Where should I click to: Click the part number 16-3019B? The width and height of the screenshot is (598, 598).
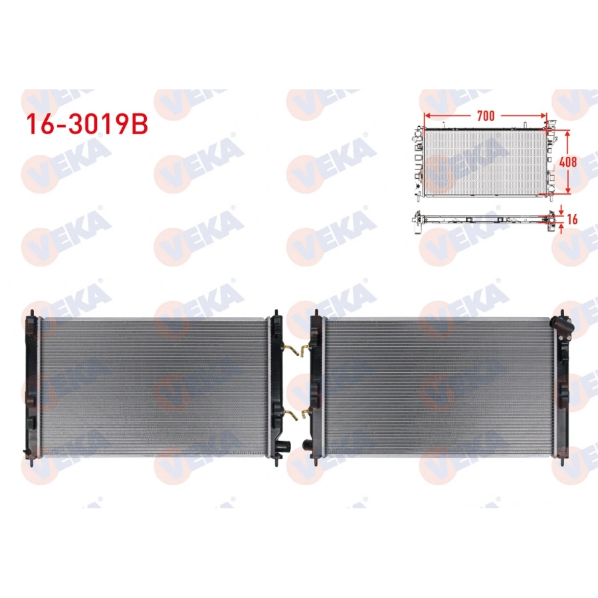click(x=86, y=124)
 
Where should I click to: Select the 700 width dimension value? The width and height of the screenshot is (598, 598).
click(x=486, y=116)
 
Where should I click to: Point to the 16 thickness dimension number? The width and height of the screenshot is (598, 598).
click(x=572, y=219)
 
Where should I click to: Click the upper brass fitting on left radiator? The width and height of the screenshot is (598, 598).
click(x=290, y=349)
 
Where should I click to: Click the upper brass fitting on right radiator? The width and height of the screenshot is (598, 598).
click(x=305, y=349)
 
